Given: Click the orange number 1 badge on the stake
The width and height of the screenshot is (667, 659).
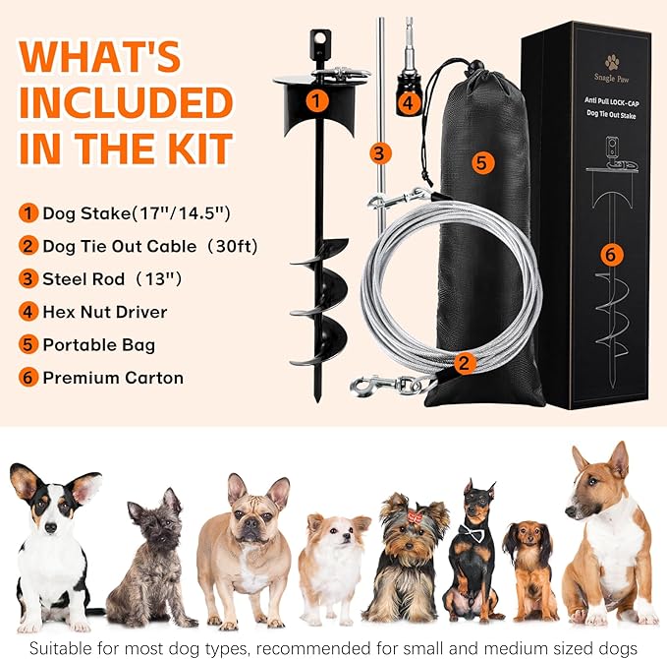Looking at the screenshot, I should point(315,99).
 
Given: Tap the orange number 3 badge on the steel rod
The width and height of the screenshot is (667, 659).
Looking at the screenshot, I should point(377,152).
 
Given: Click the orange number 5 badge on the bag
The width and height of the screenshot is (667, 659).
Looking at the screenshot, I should point(480,162).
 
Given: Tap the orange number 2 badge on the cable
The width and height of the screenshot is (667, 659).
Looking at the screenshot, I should point(467,362).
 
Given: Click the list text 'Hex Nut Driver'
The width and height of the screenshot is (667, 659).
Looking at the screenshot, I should point(104,312).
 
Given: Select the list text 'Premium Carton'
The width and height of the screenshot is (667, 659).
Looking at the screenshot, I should point(113,377).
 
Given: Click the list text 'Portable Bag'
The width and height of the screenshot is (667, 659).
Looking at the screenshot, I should point(98,344).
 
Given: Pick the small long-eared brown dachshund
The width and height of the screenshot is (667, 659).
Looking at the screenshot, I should point(529,570).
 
